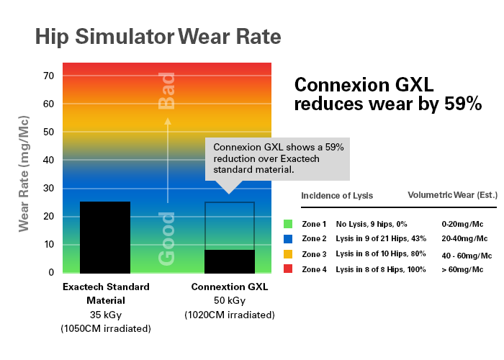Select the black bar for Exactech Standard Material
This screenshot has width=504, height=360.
pos(105,237)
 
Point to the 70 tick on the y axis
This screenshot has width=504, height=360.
pos(50,76)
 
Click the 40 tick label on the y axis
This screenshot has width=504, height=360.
pos(50,160)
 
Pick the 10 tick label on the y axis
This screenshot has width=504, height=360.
pos(50,244)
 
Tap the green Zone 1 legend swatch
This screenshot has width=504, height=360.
pos(288,225)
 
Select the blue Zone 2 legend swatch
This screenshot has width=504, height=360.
pos(288,238)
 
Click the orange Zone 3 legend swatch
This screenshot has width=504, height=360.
pos(288,254)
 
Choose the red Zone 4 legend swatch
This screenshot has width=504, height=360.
pos(288,268)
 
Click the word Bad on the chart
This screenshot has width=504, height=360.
pos(167,91)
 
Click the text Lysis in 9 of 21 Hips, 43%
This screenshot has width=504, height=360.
pos(381,238)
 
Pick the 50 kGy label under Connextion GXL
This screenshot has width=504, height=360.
pos(230,300)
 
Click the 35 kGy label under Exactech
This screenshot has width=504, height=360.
pos(105,314)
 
